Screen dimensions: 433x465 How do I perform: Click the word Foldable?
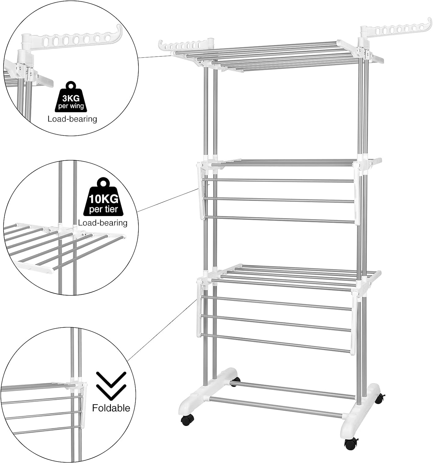click(111, 408)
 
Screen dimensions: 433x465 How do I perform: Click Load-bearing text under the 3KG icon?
click(72, 119)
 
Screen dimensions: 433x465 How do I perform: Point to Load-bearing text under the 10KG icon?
click(103, 223)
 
